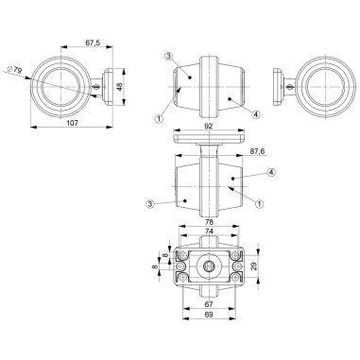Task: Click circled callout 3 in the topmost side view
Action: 166,57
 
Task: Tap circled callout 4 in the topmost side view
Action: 255,114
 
